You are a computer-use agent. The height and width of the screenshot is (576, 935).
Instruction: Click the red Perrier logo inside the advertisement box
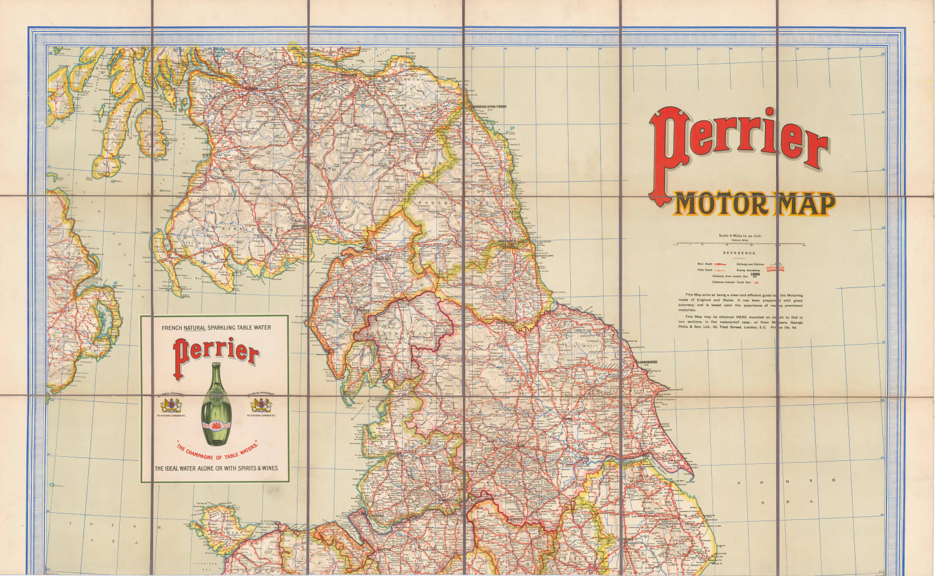pyautogui.click(x=216, y=352)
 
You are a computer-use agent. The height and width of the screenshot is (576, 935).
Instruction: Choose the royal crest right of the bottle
pyautogui.click(x=261, y=405)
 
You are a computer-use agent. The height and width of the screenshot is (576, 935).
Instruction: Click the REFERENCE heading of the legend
pyautogui.click(x=739, y=253)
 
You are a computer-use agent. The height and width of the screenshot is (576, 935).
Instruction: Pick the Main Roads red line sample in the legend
pyautogui.click(x=719, y=264)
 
